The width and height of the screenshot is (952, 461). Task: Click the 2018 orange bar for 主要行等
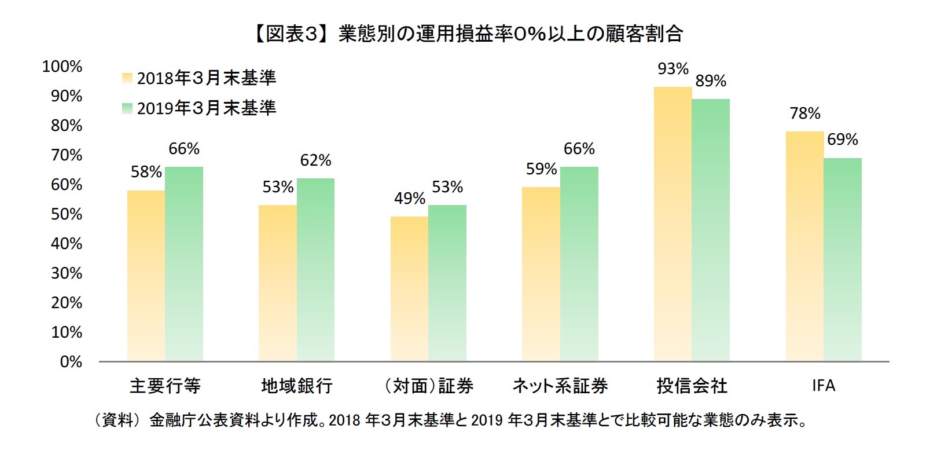pyautogui.click(x=146, y=276)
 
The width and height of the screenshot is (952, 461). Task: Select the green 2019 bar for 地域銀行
pyautogui.click(x=315, y=270)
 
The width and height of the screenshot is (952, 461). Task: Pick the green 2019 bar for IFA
pyautogui.click(x=843, y=259)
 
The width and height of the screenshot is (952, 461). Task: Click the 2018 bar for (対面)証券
pyautogui.click(x=409, y=289)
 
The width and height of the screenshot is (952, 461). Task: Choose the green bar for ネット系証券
pyautogui.click(x=579, y=264)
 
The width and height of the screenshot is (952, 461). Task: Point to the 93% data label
pyautogui.click(x=672, y=69)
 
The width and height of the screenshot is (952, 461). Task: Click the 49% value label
pyautogui.click(x=409, y=199)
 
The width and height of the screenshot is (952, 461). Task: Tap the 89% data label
pyautogui.click(x=711, y=81)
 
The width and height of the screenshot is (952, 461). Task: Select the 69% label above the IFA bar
pyautogui.click(x=843, y=140)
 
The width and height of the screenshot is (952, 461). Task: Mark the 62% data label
pyautogui.click(x=315, y=160)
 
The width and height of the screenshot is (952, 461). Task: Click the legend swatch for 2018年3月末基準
pyautogui.click(x=127, y=78)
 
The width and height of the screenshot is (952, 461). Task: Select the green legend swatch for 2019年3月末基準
pyautogui.click(x=127, y=108)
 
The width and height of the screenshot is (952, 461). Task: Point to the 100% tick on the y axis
pyautogui.click(x=63, y=67)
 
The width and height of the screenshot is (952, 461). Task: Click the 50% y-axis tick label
pyautogui.click(x=66, y=214)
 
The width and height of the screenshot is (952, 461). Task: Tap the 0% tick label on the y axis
pyautogui.click(x=71, y=362)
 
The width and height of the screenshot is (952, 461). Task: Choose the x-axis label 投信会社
pyautogui.click(x=692, y=386)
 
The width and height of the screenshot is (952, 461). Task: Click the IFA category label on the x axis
pyautogui.click(x=823, y=386)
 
